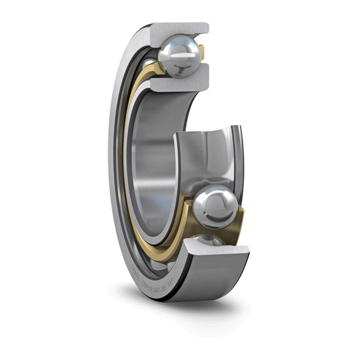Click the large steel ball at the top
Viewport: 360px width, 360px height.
(179, 55)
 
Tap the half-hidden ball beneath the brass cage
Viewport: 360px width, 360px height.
(208, 240)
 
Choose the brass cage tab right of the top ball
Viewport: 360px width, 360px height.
(202, 52)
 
